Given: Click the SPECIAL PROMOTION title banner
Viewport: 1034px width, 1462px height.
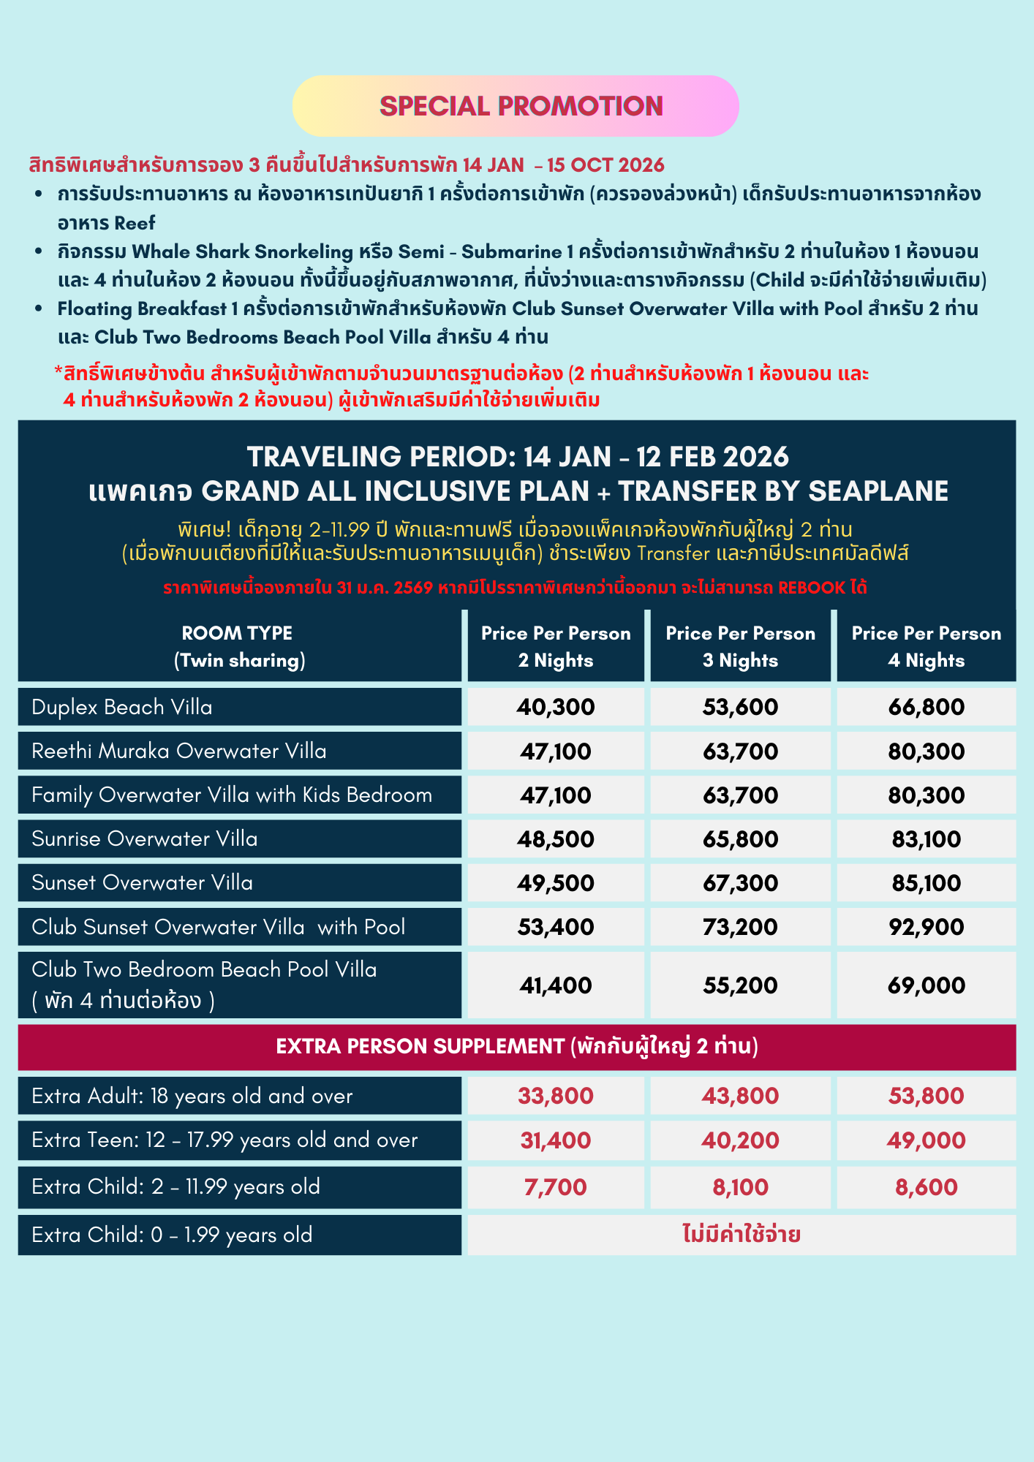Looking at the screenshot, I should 521,107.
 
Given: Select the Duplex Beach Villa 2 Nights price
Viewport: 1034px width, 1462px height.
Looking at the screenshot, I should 556,707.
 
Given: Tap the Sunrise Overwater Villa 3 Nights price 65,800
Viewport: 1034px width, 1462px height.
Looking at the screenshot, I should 740,839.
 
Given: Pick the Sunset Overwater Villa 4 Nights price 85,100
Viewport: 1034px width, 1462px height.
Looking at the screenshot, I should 926,883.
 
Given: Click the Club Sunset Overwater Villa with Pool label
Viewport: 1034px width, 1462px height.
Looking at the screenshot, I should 218,927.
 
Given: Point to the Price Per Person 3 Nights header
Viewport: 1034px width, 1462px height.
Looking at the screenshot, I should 740,646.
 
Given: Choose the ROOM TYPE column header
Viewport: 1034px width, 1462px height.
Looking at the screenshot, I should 238,646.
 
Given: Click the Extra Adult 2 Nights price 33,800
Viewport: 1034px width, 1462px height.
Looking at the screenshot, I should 556,1096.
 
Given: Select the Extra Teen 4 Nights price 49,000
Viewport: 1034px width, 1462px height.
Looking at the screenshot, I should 926,1140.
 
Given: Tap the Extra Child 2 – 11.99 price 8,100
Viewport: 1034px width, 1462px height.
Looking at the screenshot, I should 740,1186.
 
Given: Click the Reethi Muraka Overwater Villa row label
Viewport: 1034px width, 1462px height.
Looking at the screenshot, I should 179,751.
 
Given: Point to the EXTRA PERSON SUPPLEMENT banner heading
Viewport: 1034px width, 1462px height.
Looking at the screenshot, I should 516,1047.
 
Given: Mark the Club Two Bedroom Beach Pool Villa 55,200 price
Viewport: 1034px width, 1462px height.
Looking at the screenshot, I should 740,985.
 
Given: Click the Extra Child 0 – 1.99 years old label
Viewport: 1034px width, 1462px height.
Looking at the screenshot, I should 172,1235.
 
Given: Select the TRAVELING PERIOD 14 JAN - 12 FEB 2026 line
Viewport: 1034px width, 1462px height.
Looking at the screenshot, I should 518,457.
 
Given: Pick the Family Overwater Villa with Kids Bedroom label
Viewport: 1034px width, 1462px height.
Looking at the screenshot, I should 232,795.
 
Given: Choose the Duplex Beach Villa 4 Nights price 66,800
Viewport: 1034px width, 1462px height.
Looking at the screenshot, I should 926,707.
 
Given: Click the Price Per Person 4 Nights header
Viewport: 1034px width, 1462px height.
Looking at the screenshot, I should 926,646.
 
